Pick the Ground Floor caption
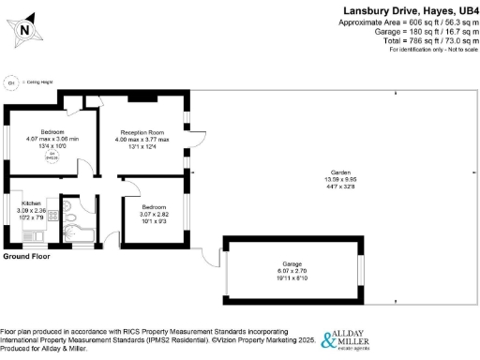pos(26,256)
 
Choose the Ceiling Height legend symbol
pos(11,82)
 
